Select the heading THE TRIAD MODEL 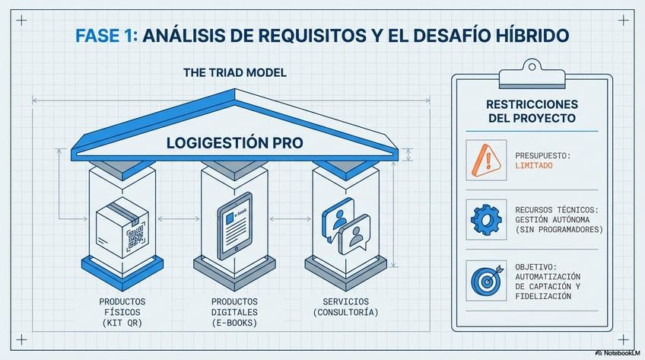pos(234,73)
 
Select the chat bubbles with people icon pos(345,226)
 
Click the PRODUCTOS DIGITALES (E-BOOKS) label pos(234,312)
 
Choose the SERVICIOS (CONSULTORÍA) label pos(345,307)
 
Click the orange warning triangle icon pos(485,160)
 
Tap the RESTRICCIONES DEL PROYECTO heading pos(532,111)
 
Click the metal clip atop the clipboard pos(531,75)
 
